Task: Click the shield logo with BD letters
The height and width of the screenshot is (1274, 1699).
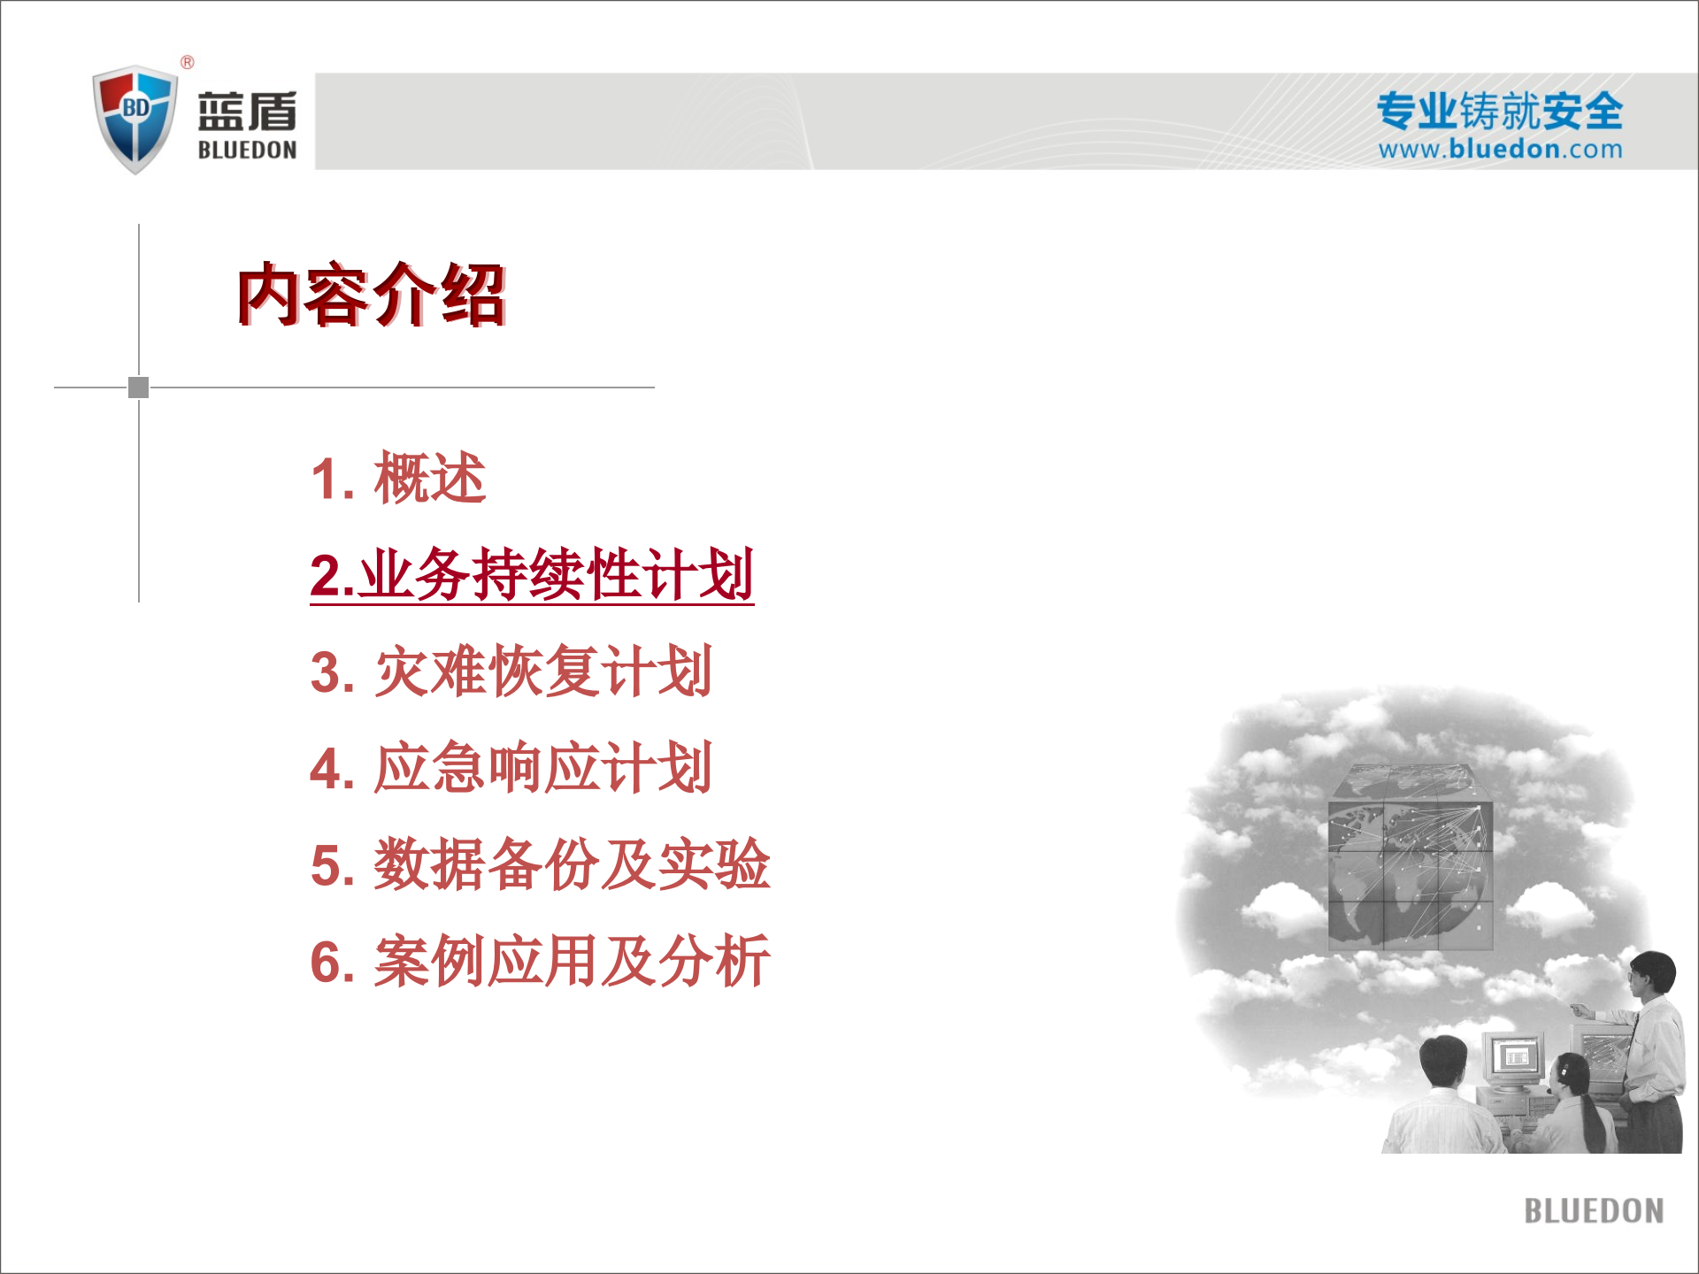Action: point(135,118)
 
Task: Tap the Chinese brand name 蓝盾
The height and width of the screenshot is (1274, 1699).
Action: point(247,111)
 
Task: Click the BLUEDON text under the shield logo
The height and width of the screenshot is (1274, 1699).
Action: point(247,150)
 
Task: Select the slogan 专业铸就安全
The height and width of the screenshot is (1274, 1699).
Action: point(1499,111)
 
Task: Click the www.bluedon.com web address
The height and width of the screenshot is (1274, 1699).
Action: point(1500,149)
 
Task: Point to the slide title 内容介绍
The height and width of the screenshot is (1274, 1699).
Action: point(371,295)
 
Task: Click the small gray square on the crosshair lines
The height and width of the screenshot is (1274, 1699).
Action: point(139,388)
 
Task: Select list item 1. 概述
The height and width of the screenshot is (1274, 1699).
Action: point(398,479)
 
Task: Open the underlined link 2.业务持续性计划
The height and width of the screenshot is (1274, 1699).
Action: point(532,575)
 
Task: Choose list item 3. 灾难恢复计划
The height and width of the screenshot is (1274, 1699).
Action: point(511,672)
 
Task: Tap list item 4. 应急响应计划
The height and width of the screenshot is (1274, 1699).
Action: point(511,768)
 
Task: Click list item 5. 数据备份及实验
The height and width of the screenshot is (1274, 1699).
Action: point(540,864)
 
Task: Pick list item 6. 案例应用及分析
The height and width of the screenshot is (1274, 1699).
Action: point(540,961)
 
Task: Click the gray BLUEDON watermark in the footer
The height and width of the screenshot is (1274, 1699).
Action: point(1594,1211)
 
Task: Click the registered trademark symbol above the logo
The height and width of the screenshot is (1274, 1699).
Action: point(188,62)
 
